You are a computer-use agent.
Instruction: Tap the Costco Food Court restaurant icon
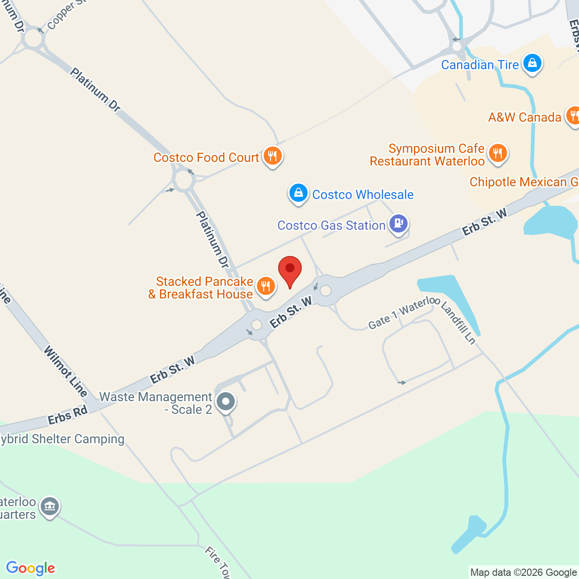tap(272, 156)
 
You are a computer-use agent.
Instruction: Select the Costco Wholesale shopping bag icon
tap(299, 193)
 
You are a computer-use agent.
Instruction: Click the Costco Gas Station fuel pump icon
tap(398, 223)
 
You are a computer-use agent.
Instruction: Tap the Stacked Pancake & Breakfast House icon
tap(266, 286)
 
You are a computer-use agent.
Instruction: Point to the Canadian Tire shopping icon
tap(532, 63)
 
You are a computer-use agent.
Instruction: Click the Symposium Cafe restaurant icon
tap(498, 152)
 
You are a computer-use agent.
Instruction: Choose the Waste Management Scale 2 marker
tap(226, 401)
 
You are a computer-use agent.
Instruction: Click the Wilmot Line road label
tap(66, 371)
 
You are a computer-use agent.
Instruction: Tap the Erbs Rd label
tap(67, 415)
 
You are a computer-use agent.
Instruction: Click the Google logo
tap(31, 568)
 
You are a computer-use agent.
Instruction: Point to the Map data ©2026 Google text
tap(523, 573)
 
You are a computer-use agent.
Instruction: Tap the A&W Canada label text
tap(525, 118)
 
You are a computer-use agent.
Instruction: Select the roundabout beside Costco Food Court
tap(184, 180)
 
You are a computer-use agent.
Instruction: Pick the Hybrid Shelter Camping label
tap(62, 439)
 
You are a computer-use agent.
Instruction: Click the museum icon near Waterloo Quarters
tap(50, 507)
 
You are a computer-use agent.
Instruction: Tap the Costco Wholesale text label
tap(363, 195)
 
